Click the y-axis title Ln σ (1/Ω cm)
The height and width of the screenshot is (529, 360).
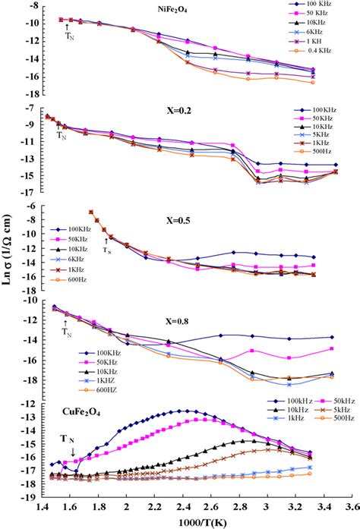click(x=10, y=264)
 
